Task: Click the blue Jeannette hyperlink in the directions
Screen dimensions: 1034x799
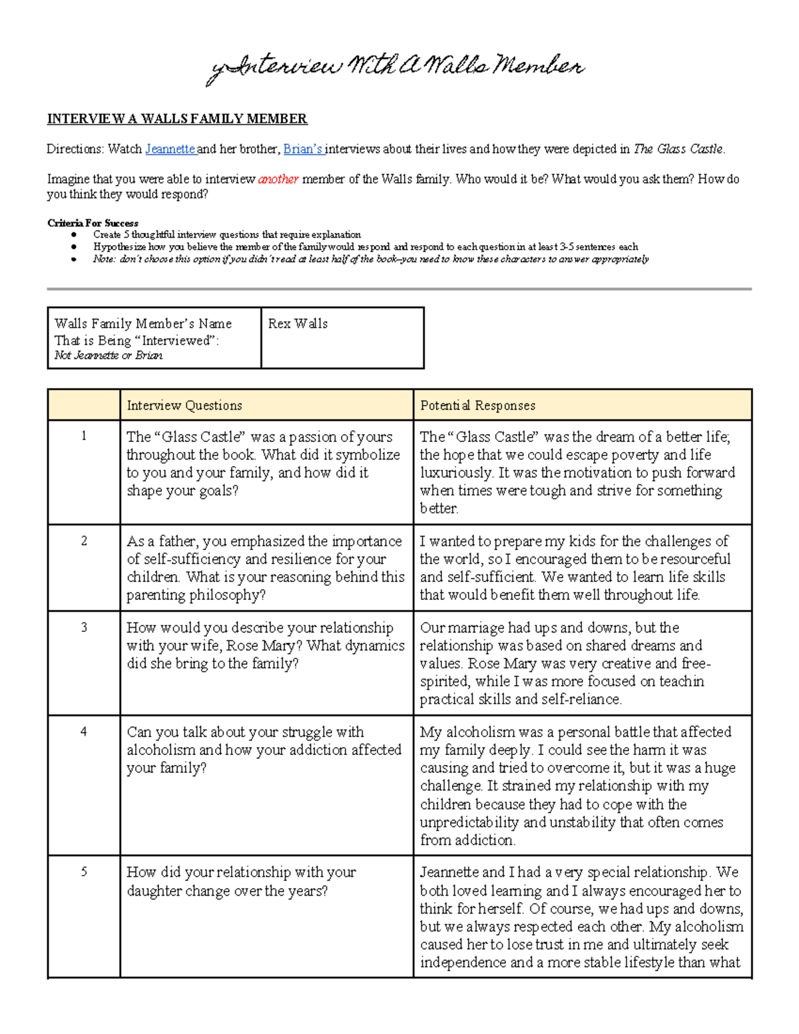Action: point(170,149)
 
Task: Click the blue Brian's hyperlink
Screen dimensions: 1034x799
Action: point(303,149)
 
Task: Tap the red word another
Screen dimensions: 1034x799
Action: point(278,179)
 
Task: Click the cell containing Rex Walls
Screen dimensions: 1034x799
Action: point(298,324)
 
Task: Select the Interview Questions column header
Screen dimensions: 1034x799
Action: point(184,405)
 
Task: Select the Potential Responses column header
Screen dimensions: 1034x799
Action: point(477,405)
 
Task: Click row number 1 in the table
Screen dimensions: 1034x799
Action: point(84,437)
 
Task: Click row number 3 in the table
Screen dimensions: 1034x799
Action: point(84,627)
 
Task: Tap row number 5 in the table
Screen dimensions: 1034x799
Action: point(84,872)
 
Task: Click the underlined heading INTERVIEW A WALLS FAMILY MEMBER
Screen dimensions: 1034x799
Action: point(177,119)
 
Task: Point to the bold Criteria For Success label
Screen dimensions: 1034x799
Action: point(93,223)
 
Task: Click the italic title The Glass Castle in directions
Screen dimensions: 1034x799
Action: point(678,149)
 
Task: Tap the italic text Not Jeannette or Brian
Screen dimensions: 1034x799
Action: point(109,356)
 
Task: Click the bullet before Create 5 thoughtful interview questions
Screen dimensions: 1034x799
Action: point(74,235)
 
